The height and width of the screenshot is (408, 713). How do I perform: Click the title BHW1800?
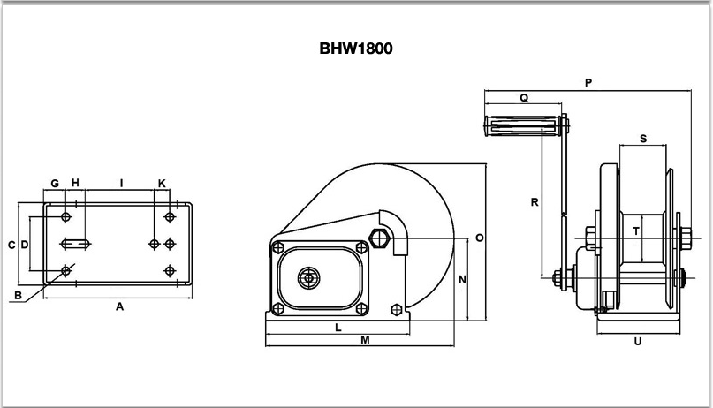tap(356, 49)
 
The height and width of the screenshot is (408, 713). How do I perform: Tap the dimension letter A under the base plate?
tap(119, 306)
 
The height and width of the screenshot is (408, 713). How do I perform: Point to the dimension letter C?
tap(11, 245)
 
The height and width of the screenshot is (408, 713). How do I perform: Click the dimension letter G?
tap(54, 183)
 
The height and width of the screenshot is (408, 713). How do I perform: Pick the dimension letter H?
tap(75, 183)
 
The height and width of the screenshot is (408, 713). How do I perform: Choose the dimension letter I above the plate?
tap(121, 183)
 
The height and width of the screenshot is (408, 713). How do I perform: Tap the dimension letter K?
tap(162, 183)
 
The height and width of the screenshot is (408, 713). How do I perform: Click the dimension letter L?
tap(338, 328)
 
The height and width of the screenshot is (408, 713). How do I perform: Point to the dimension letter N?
tap(462, 279)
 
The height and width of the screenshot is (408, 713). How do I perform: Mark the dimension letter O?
tap(480, 238)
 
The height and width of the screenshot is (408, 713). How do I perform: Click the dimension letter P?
tap(588, 83)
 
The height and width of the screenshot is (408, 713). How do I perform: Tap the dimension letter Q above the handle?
tap(524, 99)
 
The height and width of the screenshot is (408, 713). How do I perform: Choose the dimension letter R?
tap(534, 202)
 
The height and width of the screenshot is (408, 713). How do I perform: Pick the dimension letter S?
tap(642, 139)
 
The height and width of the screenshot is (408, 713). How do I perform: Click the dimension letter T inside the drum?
tap(635, 230)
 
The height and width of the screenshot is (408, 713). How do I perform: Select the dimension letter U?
tap(637, 340)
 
